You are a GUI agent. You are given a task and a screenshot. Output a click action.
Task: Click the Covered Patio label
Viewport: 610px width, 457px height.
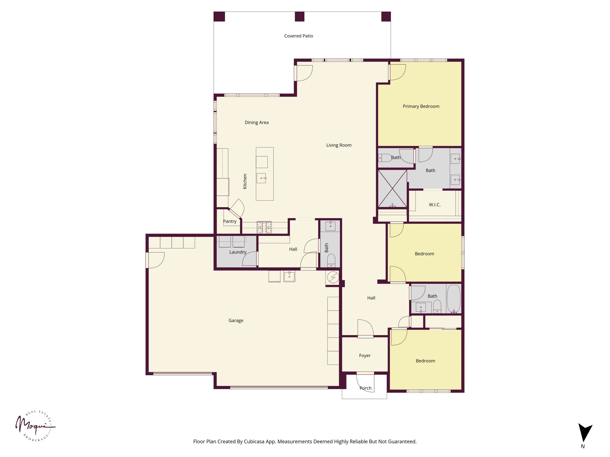click(299, 36)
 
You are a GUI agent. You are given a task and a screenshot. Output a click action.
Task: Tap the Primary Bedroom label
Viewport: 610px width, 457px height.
click(421, 106)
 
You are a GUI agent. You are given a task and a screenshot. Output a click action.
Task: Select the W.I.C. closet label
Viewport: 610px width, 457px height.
click(435, 205)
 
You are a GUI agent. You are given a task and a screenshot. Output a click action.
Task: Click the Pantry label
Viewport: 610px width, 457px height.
click(230, 221)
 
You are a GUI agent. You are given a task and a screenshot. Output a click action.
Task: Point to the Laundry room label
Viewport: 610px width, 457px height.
click(238, 252)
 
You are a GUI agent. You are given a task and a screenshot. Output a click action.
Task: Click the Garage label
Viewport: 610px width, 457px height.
click(236, 321)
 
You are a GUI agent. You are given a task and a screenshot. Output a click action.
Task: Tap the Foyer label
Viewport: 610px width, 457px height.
click(365, 356)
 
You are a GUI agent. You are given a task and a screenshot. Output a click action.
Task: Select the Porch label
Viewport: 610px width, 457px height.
click(365, 388)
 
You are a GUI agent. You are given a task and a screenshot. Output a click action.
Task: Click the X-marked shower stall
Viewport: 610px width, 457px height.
click(392, 189)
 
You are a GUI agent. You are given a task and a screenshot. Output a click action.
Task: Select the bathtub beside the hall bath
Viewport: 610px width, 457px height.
click(454, 299)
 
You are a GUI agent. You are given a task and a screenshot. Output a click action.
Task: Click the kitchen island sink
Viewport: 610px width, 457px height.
click(261, 178)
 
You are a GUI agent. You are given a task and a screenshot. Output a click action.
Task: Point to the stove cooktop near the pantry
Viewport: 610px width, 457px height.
click(264, 227)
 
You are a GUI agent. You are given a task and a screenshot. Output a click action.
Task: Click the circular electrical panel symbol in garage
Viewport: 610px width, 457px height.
click(333, 277)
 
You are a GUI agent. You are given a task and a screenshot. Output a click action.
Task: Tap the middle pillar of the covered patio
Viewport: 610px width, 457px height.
click(300, 16)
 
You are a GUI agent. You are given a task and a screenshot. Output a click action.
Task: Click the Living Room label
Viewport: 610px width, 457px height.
click(339, 145)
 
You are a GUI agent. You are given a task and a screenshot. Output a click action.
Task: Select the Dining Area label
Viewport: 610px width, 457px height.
click(257, 122)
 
